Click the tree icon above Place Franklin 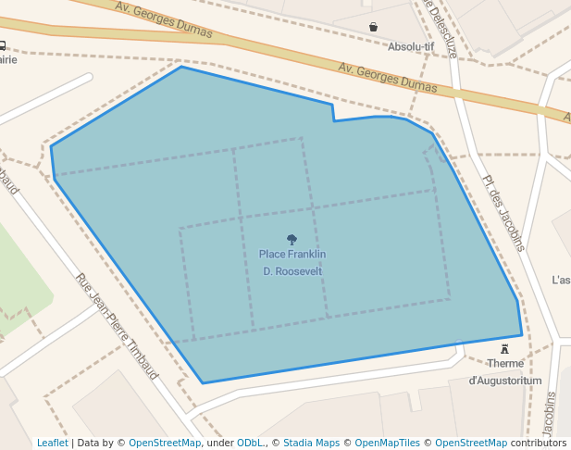292,239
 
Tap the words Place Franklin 292,255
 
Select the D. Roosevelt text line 292,271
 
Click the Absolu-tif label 410,45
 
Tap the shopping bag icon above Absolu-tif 373,27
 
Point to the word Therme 505,364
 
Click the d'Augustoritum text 505,381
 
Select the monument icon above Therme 504,349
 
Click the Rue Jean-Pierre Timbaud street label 117,326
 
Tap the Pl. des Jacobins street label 503,213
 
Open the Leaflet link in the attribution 53,443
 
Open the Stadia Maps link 311,443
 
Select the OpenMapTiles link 387,443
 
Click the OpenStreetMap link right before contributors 471,443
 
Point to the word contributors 539,443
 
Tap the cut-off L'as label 561,280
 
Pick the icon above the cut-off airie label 3,45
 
